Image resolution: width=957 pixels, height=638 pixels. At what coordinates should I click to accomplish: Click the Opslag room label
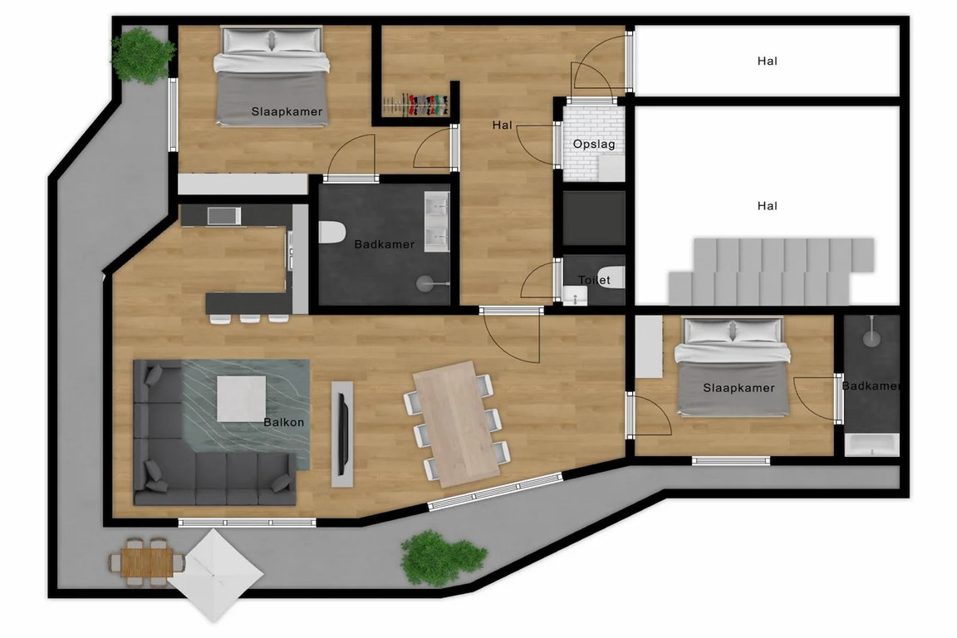point(593,145)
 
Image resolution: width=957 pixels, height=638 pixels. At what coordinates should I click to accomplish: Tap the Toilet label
point(594,280)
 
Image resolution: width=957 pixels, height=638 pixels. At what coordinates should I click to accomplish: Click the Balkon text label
point(284,422)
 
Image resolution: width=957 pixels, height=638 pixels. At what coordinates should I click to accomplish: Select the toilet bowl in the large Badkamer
point(331,233)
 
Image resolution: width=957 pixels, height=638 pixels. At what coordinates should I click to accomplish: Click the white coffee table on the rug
point(241,398)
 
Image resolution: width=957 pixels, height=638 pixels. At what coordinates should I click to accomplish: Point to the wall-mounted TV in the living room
point(343,434)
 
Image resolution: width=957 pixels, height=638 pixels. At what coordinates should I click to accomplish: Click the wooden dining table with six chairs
point(457,424)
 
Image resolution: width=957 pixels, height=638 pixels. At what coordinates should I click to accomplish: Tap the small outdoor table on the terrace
point(146,561)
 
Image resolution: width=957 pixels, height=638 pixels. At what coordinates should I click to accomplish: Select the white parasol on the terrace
point(215,575)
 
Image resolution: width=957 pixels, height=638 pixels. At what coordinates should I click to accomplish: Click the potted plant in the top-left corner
point(141,56)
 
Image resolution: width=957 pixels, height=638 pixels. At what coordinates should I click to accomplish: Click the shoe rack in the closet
point(416,105)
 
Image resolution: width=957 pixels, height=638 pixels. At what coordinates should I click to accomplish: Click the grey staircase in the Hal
point(771,271)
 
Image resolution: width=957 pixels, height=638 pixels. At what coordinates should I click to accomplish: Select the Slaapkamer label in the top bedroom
point(287,111)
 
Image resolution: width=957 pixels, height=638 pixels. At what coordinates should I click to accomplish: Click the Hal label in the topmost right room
point(768,61)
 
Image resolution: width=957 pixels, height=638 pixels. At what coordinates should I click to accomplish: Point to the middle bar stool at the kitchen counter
point(249,317)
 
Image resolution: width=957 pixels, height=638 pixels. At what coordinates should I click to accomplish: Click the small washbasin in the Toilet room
point(574,297)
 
